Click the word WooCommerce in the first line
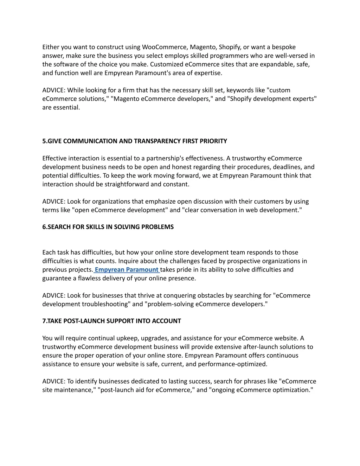165,47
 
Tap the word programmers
229,56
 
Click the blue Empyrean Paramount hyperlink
127,270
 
